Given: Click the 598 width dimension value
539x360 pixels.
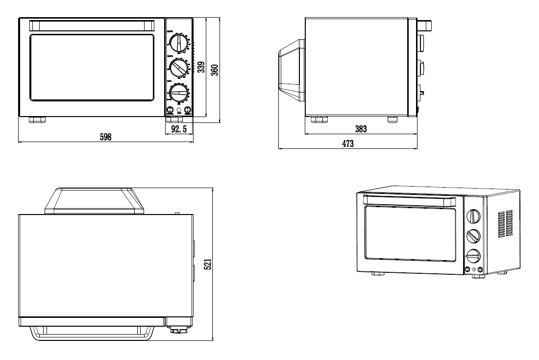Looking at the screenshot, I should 106,138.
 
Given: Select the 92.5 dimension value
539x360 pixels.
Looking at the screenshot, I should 179,129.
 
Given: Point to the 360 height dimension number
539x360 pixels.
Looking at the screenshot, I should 214,70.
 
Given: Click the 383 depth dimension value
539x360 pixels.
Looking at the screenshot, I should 361,129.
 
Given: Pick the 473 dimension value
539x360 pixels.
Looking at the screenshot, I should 347,144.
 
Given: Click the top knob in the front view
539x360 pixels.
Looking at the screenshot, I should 178,43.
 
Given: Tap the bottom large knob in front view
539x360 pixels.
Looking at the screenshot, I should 178,93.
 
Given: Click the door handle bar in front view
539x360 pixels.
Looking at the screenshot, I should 92,25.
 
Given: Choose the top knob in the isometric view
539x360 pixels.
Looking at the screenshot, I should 473,216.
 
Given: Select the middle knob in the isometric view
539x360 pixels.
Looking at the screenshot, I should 473,237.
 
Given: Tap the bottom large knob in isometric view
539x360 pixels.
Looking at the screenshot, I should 473,256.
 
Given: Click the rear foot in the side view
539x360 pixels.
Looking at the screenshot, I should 392,120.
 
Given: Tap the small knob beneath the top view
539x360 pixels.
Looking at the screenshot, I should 175,331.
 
